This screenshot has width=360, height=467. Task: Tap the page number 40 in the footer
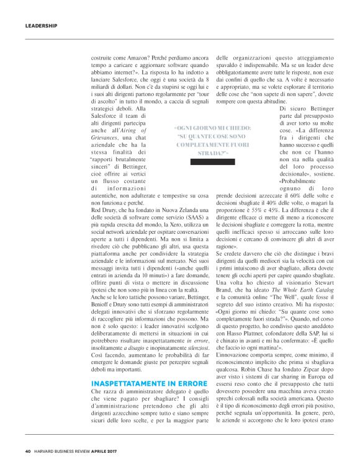pyautogui.click(x=28, y=451)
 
